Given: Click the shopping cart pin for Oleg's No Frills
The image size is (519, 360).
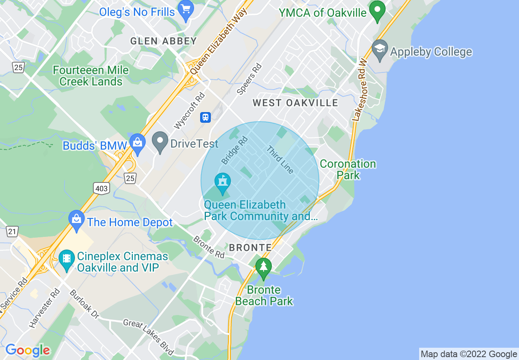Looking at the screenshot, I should click(x=186, y=10).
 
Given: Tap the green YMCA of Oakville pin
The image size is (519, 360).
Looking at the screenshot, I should click(x=377, y=10).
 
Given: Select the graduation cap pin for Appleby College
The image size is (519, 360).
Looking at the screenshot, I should click(x=380, y=49).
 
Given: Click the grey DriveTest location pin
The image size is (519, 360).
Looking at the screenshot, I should click(x=160, y=142).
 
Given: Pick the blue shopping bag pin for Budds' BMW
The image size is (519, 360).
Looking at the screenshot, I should click(x=137, y=143).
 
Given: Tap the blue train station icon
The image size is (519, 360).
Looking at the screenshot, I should click(x=205, y=117).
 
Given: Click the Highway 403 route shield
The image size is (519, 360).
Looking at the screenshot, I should click(x=101, y=188).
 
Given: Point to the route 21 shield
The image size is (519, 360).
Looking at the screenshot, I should click(x=12, y=232).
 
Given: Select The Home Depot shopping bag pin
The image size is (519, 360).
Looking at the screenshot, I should click(x=76, y=220).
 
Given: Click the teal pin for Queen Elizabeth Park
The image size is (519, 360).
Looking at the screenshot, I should click(x=223, y=182).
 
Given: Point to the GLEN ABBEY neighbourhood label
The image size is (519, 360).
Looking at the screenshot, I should click(x=163, y=41).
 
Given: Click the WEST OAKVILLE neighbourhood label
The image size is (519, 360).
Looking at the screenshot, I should click(x=295, y=103).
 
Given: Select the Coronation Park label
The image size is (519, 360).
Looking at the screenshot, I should click(x=348, y=169).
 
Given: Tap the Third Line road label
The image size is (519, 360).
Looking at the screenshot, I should click(x=280, y=160).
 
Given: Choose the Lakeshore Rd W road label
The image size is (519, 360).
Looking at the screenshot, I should click(x=360, y=90).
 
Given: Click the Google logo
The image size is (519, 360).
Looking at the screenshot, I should click(x=28, y=350).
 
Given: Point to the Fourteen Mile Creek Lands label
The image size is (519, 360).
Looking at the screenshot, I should click(x=91, y=76).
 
